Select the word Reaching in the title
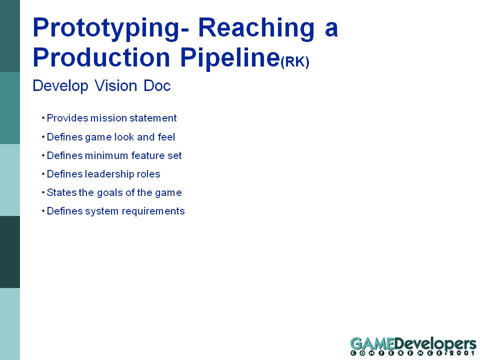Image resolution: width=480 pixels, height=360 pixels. click(x=256, y=28)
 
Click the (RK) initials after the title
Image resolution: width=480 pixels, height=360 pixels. click(x=295, y=61)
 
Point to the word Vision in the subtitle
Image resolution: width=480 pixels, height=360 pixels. click(x=115, y=85)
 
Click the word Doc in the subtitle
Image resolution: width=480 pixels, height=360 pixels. click(x=157, y=85)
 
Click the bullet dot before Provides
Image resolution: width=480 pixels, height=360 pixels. click(x=43, y=118)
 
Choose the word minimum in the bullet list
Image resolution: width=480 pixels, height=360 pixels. click(x=106, y=155)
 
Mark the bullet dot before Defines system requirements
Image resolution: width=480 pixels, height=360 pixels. click(x=43, y=211)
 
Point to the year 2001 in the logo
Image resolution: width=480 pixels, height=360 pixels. click(x=464, y=353)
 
